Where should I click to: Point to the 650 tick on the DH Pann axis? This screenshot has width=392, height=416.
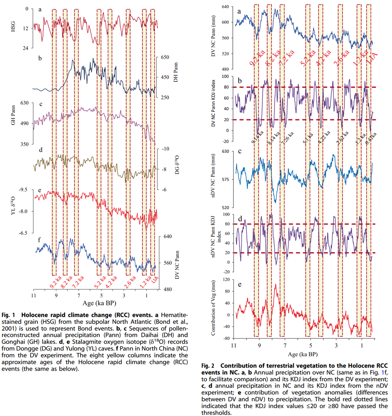(x=165, y=58)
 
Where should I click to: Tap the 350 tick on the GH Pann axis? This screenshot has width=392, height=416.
(x=24, y=144)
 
